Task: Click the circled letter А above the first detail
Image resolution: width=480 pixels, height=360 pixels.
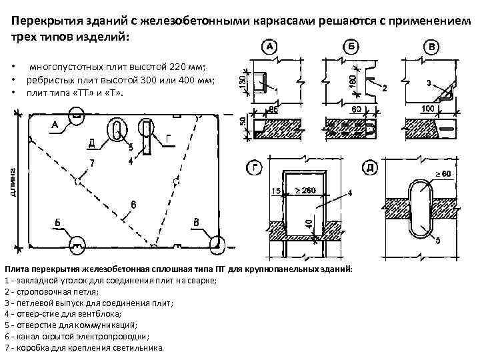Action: click(271, 47)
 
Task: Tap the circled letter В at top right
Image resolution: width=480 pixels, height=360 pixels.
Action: click(433, 47)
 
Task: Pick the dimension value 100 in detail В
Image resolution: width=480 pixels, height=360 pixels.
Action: click(429, 108)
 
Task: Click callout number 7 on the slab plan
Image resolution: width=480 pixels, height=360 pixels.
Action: click(91, 163)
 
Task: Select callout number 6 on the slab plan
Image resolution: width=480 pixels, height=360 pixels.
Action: click(133, 205)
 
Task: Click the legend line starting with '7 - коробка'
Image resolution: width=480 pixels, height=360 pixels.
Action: click(83, 348)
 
